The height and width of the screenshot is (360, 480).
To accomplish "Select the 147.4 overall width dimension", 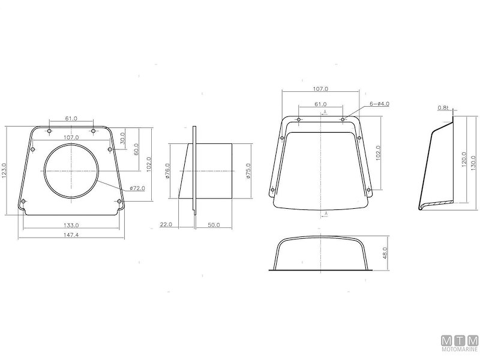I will tap(71, 234).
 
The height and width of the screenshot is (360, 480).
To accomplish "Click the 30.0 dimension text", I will tap(124, 138).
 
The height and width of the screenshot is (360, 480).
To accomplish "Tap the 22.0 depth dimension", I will tap(166, 224).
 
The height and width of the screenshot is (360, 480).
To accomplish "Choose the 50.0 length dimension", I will tap(214, 224).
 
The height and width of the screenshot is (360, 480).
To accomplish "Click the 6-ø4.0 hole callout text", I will tap(380, 104).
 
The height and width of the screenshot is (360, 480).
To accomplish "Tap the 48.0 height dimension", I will tap(385, 253).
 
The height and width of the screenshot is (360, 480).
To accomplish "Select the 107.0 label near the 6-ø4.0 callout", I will tap(321, 89).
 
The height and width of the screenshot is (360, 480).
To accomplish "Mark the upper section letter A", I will tap(325, 112).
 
